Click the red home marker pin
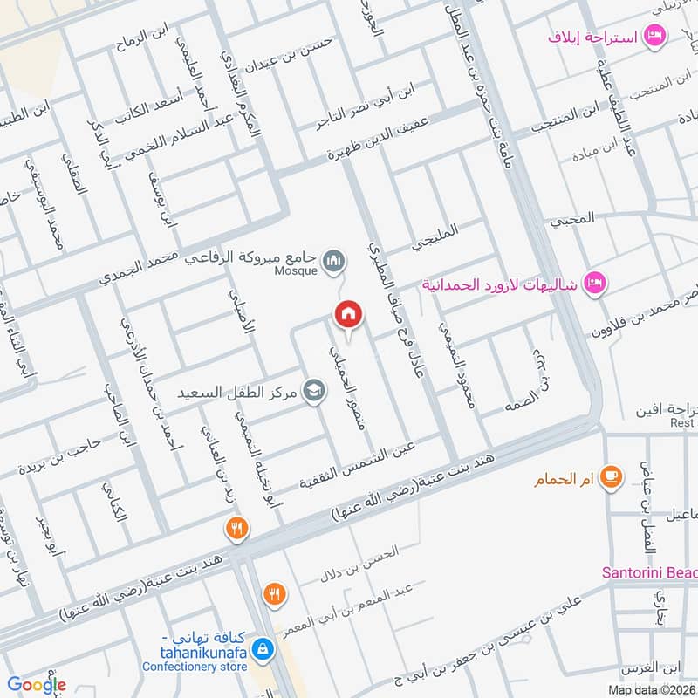347,314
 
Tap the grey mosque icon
333,261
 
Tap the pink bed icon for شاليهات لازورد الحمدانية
595,284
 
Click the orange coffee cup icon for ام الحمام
612,476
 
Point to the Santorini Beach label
650,572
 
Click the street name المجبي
572,218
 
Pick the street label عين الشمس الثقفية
359,464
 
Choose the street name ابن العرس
651,668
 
